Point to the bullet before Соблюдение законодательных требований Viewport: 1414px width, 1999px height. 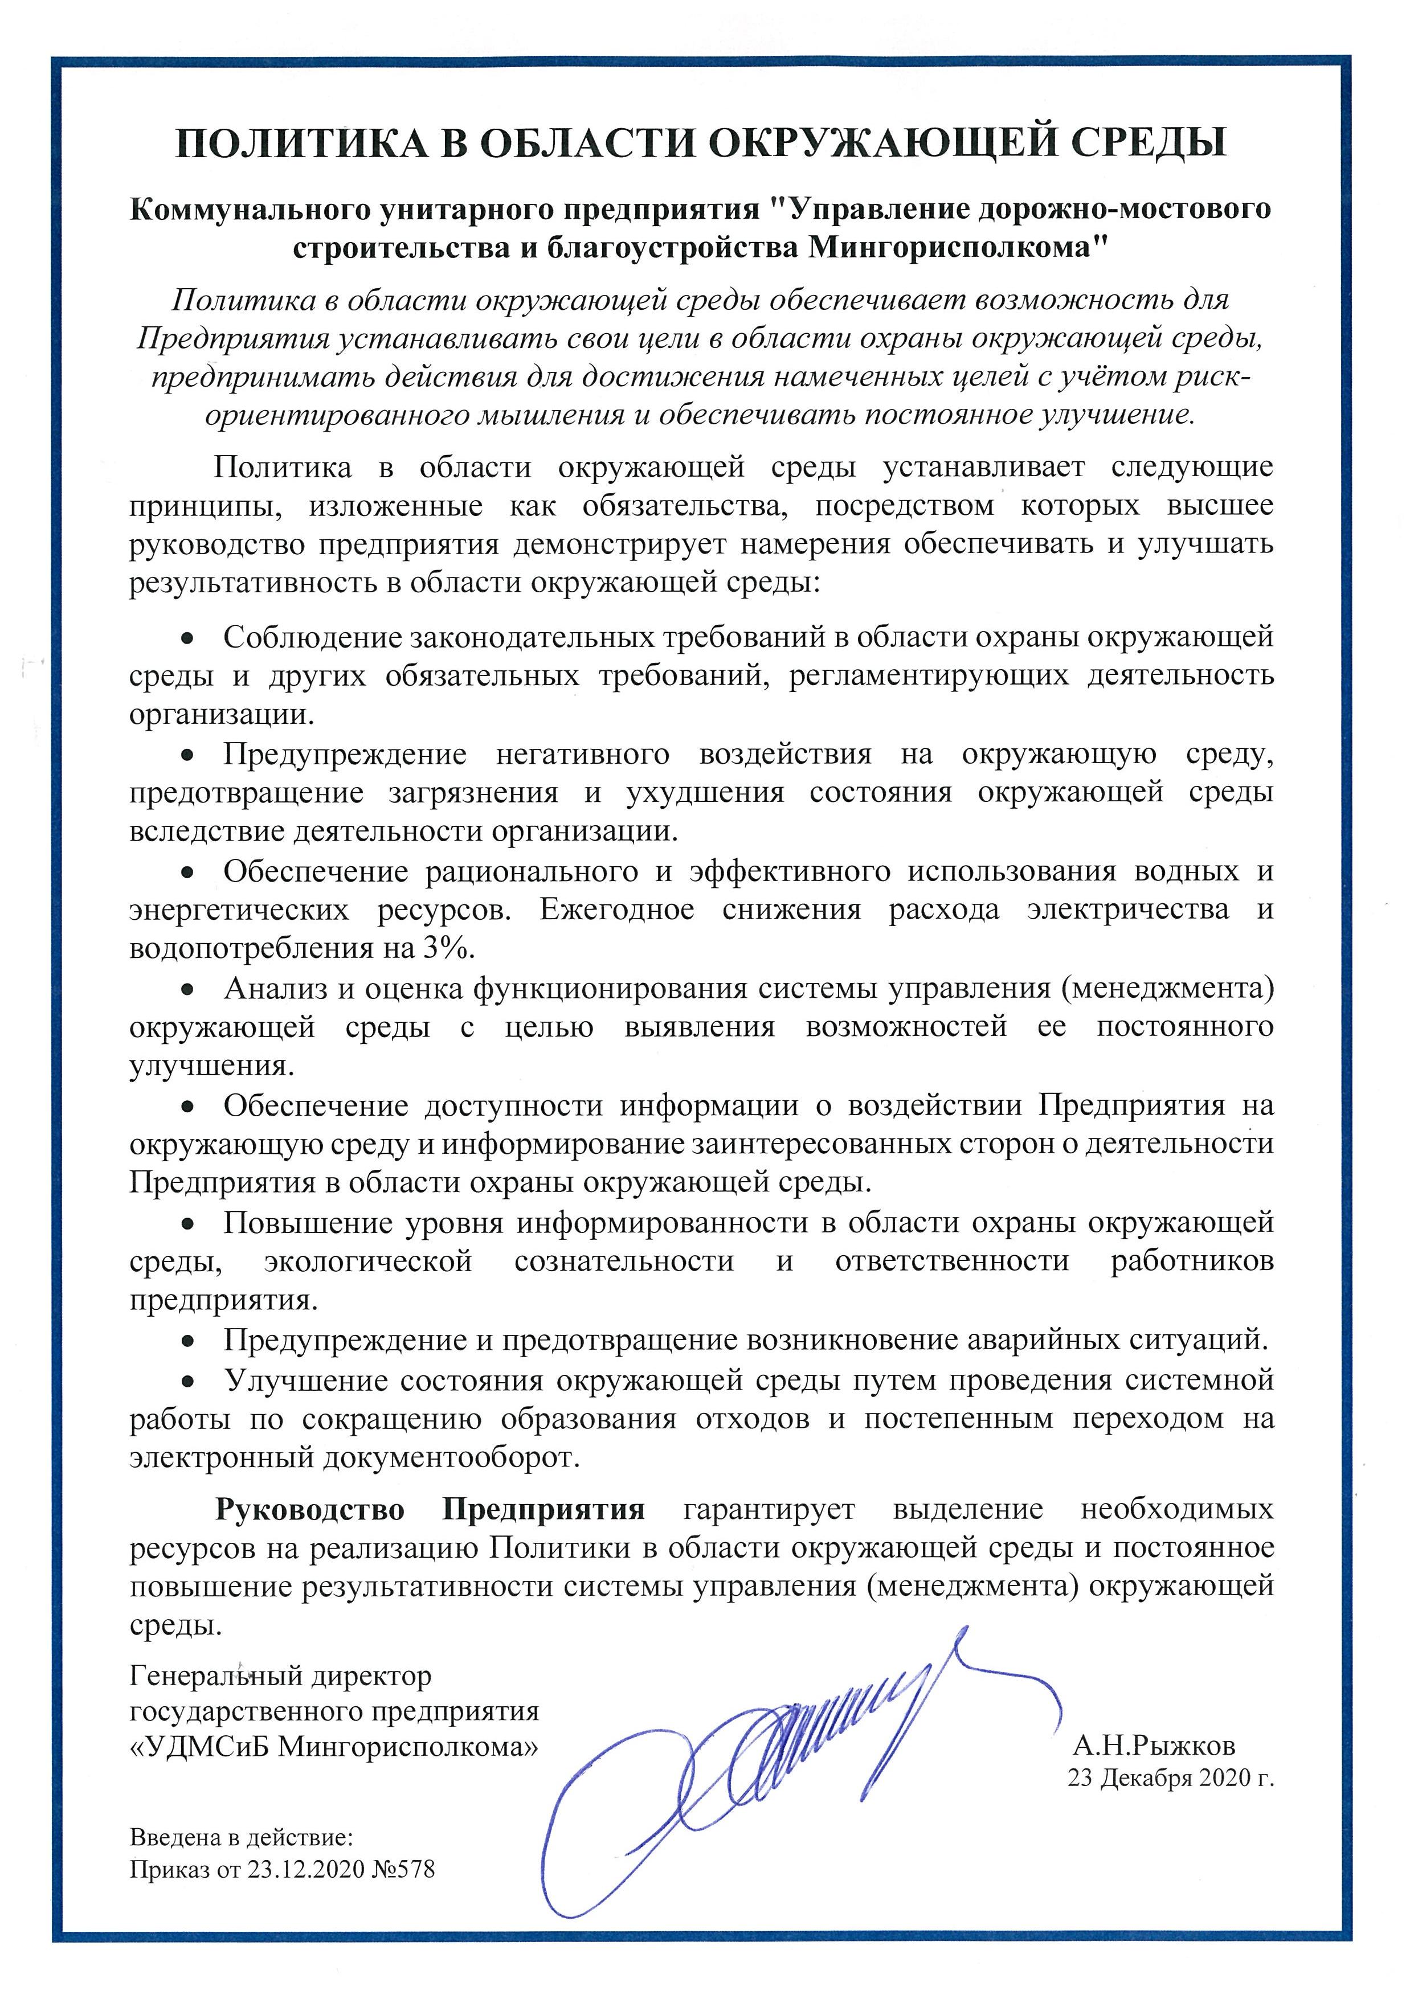(186, 639)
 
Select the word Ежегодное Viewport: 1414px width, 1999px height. (616, 910)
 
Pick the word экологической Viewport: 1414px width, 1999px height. (367, 1261)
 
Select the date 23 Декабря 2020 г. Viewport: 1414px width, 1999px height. (1170, 1778)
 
